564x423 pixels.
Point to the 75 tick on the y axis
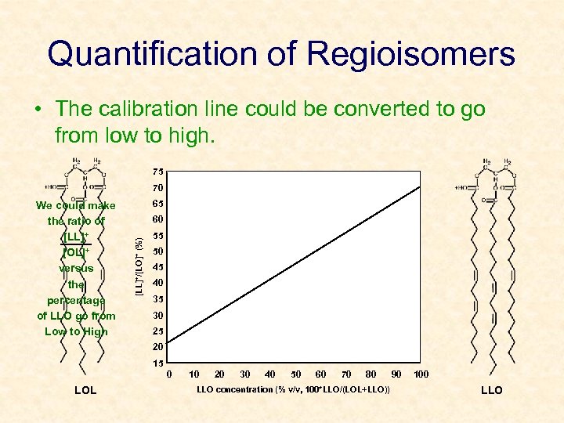pos(158,172)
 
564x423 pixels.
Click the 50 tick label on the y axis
pos(158,251)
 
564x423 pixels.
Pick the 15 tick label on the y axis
pos(158,363)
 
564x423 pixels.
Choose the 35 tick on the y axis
pos(158,299)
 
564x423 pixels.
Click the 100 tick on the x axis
pos(421,374)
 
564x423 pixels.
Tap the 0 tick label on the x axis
pos(170,374)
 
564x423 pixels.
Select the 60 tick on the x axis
pos(320,374)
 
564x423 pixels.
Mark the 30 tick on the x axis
pos(245,374)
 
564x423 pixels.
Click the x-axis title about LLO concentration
pos(293,389)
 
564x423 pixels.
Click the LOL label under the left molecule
pos(85,390)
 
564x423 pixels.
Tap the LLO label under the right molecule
pos(491,390)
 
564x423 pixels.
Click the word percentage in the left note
pos(76,300)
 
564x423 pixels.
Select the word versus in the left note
pos(76,269)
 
